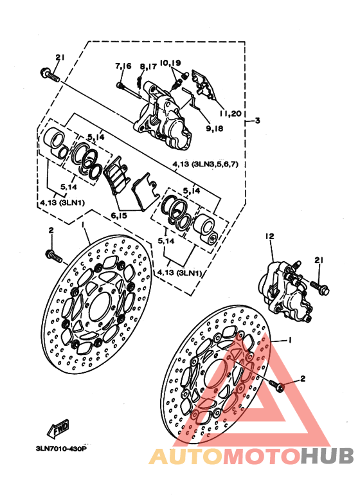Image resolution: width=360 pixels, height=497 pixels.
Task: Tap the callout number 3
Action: (x=258, y=120)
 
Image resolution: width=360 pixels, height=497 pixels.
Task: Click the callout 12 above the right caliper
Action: (x=270, y=236)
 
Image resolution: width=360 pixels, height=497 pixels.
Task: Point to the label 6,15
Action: (x=119, y=215)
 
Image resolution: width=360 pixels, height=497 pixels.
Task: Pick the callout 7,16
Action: (x=123, y=66)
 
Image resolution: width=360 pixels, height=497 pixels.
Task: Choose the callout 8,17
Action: (x=148, y=67)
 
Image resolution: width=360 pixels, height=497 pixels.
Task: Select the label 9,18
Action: (x=215, y=129)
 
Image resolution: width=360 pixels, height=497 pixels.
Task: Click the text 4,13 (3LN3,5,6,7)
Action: (x=205, y=164)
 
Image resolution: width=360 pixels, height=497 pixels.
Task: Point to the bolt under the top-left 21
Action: (x=50, y=75)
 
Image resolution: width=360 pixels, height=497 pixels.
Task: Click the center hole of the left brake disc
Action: (x=100, y=307)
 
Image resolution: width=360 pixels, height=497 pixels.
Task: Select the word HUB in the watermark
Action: (x=327, y=456)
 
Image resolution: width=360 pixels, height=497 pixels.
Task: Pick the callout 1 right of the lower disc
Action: (x=290, y=339)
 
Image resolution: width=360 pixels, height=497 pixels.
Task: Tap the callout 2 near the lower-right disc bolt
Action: (x=303, y=378)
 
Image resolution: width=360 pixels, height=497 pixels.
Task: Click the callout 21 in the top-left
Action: (x=60, y=57)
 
